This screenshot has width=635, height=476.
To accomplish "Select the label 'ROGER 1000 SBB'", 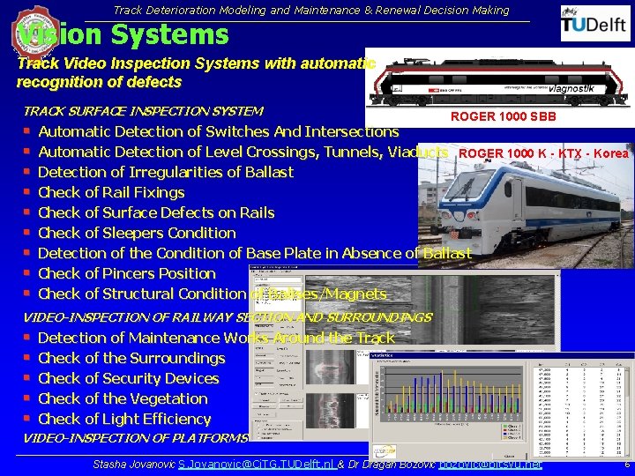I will click(504, 117).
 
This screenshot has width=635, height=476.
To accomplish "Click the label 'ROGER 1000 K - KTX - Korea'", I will click(543, 153).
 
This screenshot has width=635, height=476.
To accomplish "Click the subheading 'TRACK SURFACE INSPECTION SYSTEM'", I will click(143, 111).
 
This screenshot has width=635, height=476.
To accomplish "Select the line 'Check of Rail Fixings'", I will click(111, 192).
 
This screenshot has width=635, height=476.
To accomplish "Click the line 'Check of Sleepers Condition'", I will click(137, 233).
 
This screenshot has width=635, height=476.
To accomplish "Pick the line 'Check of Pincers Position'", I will click(127, 273).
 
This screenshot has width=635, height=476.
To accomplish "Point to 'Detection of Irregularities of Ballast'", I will click(166, 172).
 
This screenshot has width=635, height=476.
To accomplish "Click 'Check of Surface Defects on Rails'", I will click(156, 212).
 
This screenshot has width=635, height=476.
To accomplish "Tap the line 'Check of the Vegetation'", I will click(123, 398).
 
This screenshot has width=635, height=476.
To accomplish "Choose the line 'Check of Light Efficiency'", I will click(124, 419).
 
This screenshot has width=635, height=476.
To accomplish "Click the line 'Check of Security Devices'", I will click(128, 378).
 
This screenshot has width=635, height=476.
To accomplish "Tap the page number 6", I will click(625, 464).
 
